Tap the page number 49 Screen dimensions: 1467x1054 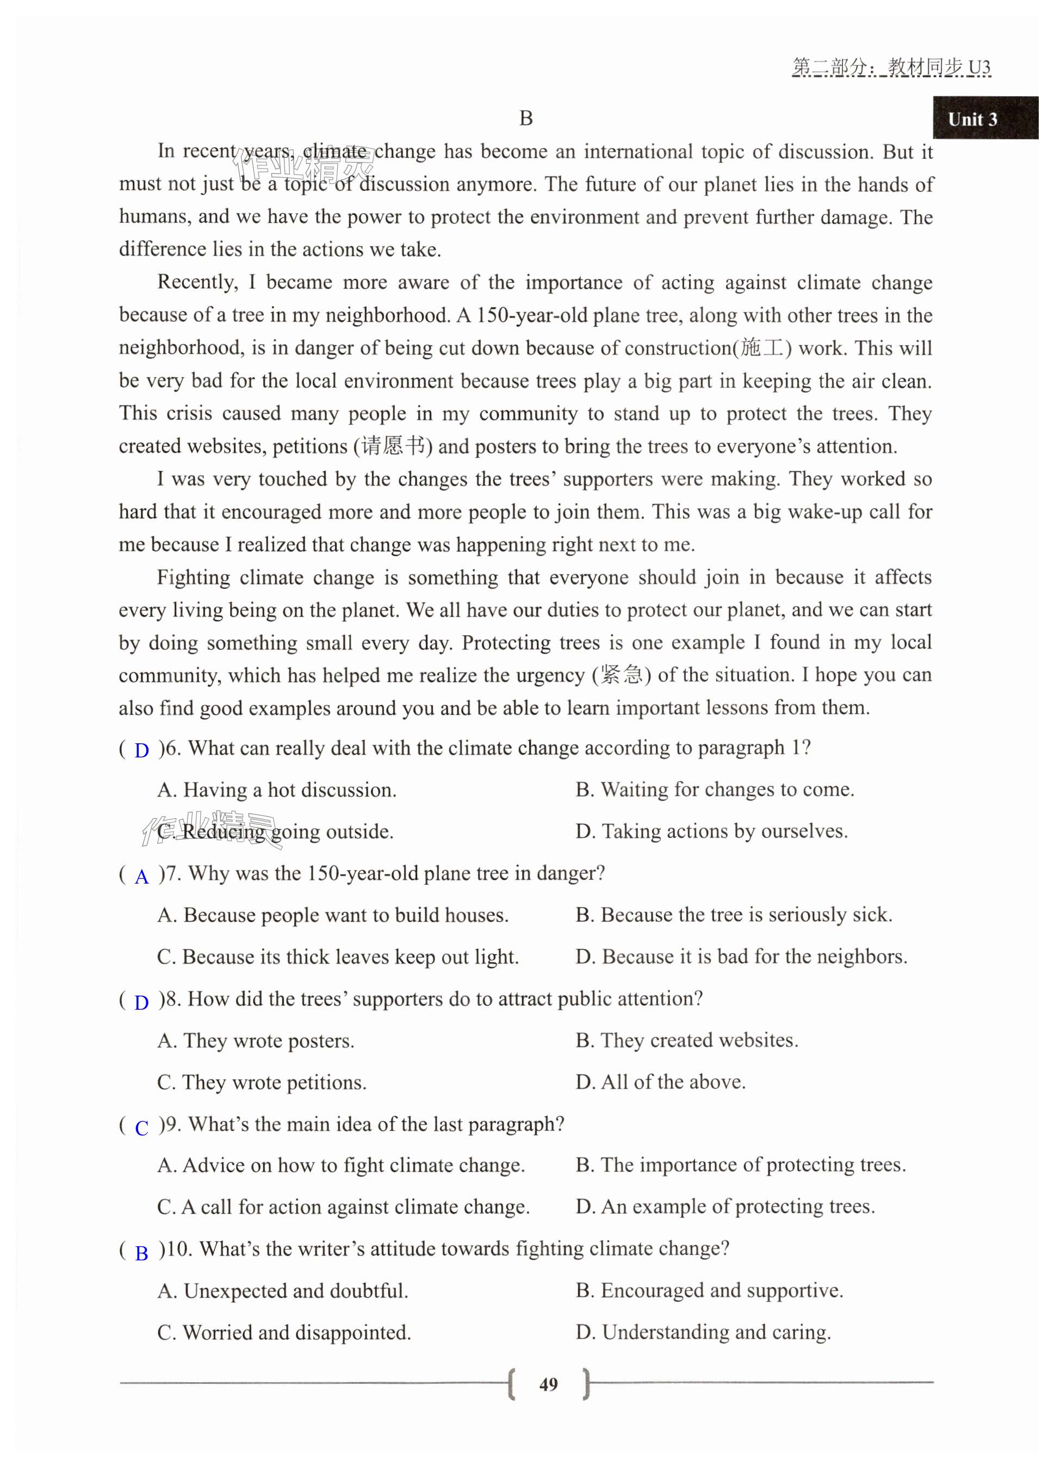pos(548,1384)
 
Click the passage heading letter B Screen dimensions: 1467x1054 pos(526,119)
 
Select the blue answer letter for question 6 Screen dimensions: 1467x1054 pos(142,750)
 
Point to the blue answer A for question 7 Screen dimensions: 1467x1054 pos(142,877)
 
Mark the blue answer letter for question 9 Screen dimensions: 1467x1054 pos(142,1127)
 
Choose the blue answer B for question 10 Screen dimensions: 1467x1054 pos(142,1253)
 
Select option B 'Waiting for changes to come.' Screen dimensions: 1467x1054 pos(714,789)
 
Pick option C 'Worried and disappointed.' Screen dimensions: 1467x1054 pos(284,1333)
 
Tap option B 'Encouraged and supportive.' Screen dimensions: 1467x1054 pos(709,1290)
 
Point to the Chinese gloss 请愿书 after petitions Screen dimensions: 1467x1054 pos(393,446)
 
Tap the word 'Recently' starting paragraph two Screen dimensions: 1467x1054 pos(197,282)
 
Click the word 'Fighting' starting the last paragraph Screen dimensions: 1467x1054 pos(193,577)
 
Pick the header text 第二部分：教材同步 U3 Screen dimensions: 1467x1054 pos(891,67)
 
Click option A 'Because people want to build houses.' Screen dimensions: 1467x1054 pos(332,915)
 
